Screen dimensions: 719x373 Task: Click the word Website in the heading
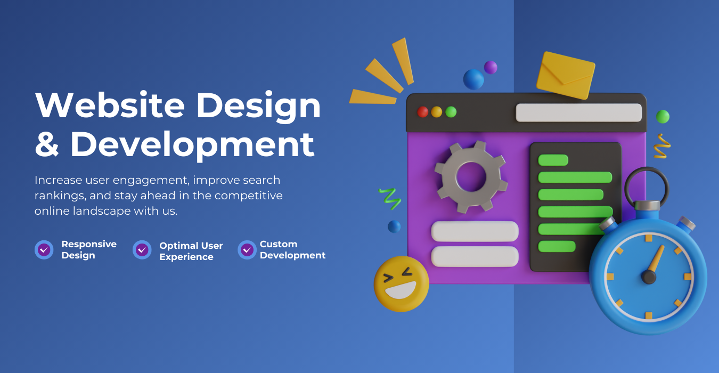pos(110,105)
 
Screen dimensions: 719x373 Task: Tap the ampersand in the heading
pos(47,144)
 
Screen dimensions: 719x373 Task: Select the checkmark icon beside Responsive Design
pos(44,249)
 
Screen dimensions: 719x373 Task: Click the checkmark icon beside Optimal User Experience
pos(142,249)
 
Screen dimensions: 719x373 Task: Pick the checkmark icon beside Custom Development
pos(247,249)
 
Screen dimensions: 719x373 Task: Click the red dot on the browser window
pos(422,112)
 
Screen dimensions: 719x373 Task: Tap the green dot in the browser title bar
pos(451,112)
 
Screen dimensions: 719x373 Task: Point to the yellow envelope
pos(566,75)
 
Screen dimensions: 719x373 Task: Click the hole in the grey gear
pos(471,177)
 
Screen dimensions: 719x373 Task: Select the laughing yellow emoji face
pos(401,284)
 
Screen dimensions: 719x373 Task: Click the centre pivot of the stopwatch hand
pos(649,277)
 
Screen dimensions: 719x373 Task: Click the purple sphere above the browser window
pos(491,68)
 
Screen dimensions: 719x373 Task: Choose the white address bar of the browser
pos(578,112)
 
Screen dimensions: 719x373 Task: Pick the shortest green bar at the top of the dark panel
pos(553,160)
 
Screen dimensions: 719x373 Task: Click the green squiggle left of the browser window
pos(390,199)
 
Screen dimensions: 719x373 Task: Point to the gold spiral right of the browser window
pos(662,146)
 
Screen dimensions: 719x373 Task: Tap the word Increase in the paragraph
pos(59,180)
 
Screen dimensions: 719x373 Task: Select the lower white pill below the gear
pos(475,256)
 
